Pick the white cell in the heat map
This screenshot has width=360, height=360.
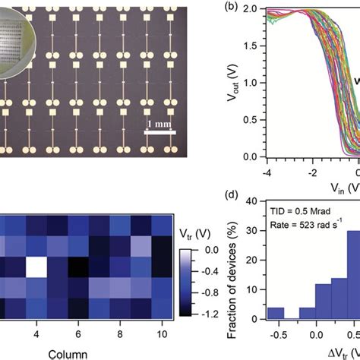(36, 269)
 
